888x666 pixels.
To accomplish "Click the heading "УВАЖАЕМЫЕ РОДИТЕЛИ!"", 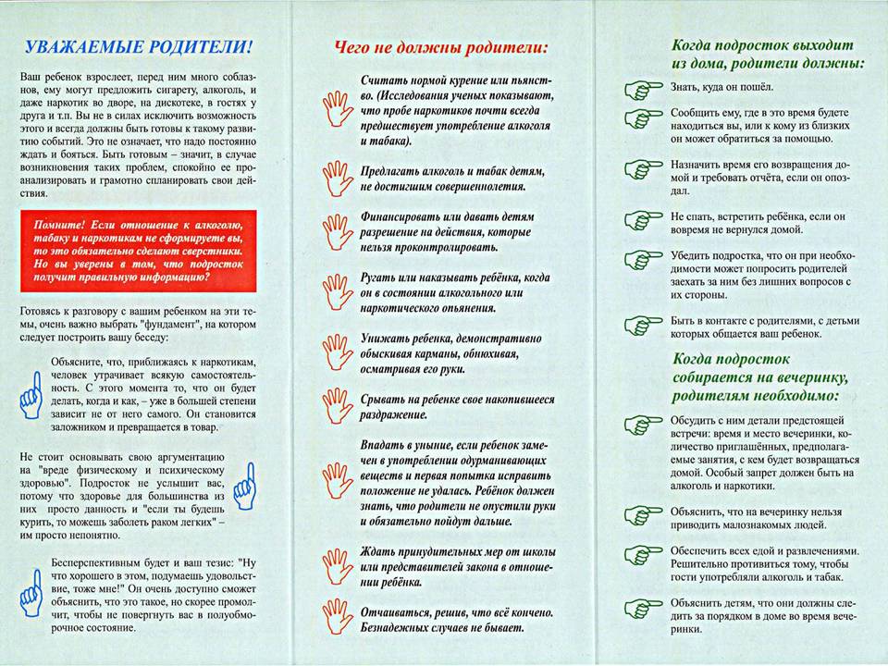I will [139, 47].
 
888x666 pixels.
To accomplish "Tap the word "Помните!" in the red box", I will [61, 225].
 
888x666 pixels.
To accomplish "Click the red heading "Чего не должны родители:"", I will [441, 46].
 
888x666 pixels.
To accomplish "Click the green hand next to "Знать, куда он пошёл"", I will [638, 89].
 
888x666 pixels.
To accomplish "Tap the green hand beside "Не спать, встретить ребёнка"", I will [638, 221].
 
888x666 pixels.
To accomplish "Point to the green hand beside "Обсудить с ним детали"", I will [638, 425].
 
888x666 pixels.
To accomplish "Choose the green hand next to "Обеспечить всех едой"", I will [638, 555].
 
